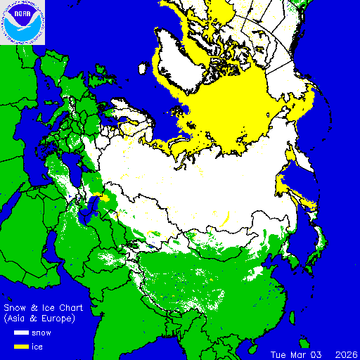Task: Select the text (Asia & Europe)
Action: [39, 319]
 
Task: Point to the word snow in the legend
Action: [43, 333]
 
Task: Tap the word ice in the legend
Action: [38, 346]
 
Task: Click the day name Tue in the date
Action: [281, 354]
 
